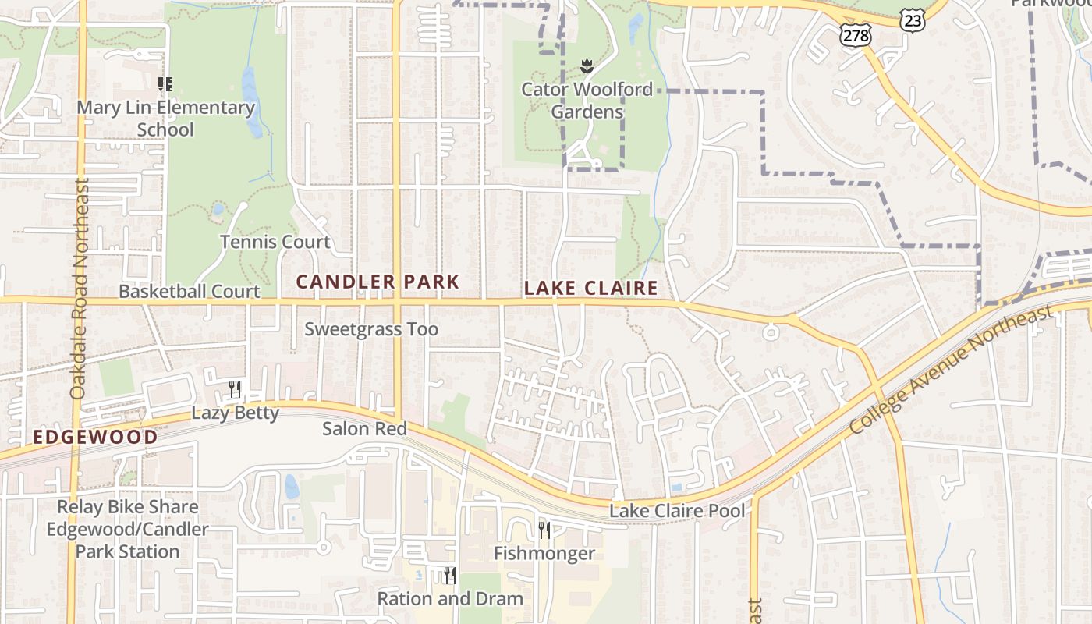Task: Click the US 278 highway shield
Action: (x=856, y=35)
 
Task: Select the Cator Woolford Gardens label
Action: (x=587, y=101)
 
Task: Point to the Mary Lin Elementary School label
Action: (x=165, y=118)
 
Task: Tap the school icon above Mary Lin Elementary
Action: (x=165, y=84)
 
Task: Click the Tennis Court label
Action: (x=275, y=242)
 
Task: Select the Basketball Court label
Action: (x=189, y=292)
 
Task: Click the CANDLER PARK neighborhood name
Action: (x=378, y=282)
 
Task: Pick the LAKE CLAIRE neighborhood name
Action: (x=591, y=288)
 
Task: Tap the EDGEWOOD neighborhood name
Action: (x=95, y=437)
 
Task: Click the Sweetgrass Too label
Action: (x=371, y=329)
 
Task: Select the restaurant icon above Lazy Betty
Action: (x=234, y=388)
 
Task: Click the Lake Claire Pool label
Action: (x=677, y=511)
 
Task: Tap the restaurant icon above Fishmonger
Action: (x=544, y=530)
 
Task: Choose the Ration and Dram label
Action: (x=450, y=599)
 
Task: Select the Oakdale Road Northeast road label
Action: (x=80, y=289)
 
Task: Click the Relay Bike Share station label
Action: (x=127, y=529)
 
